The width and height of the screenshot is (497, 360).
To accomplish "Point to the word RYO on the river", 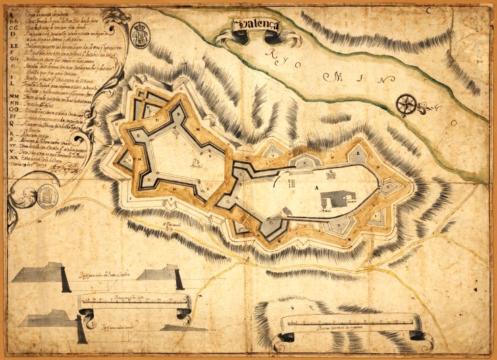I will [x=278, y=58].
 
